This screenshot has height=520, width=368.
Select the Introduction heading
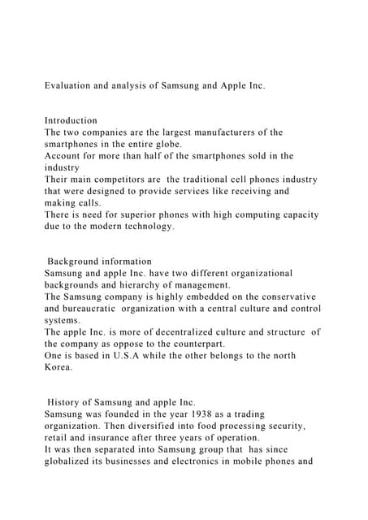71,120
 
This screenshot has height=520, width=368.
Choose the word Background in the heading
77,262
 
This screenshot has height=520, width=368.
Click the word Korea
60,367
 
